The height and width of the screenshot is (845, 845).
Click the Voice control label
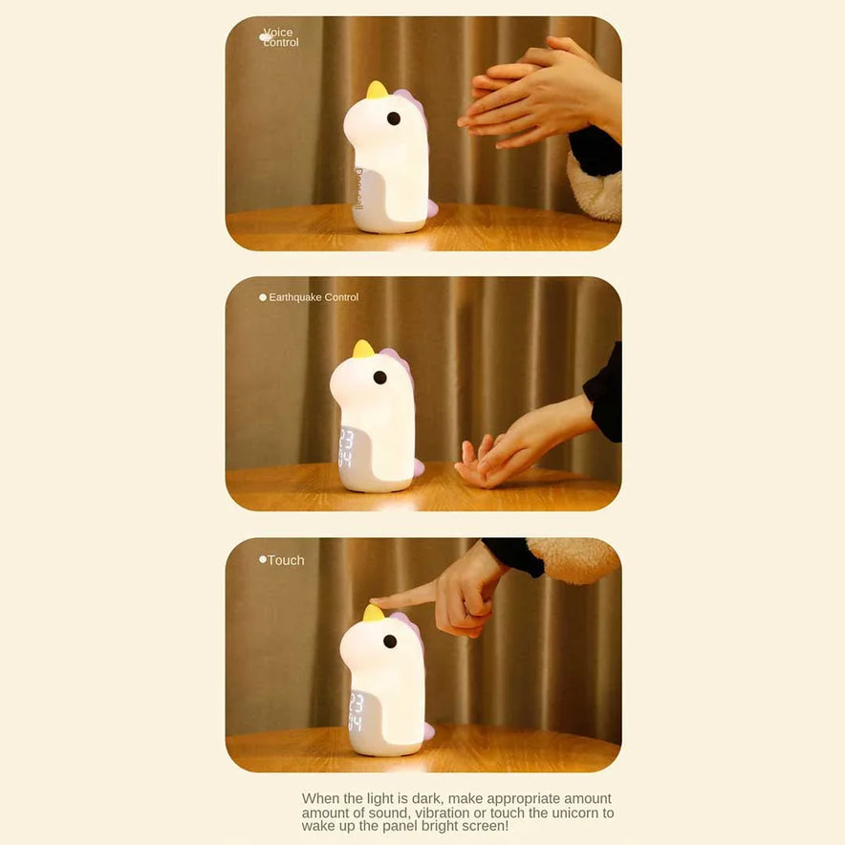click(x=281, y=37)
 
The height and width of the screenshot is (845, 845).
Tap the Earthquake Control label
click(x=314, y=297)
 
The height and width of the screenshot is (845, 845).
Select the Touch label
click(x=286, y=560)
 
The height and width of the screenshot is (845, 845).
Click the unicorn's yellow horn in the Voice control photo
click(x=377, y=90)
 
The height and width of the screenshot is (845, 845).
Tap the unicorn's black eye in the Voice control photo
click(x=394, y=119)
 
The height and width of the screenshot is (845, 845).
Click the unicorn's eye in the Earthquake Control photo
click(x=379, y=378)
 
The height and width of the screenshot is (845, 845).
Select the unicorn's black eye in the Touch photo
click(x=390, y=641)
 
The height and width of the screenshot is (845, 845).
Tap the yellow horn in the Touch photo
click(x=374, y=613)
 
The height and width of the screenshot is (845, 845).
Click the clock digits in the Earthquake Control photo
click(x=345, y=447)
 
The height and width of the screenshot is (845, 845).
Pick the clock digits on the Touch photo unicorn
click(x=357, y=712)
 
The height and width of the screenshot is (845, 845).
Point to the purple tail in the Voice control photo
click(x=432, y=207)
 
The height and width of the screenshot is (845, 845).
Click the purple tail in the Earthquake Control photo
click(x=418, y=466)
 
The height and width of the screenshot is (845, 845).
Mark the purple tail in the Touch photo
click(x=428, y=730)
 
